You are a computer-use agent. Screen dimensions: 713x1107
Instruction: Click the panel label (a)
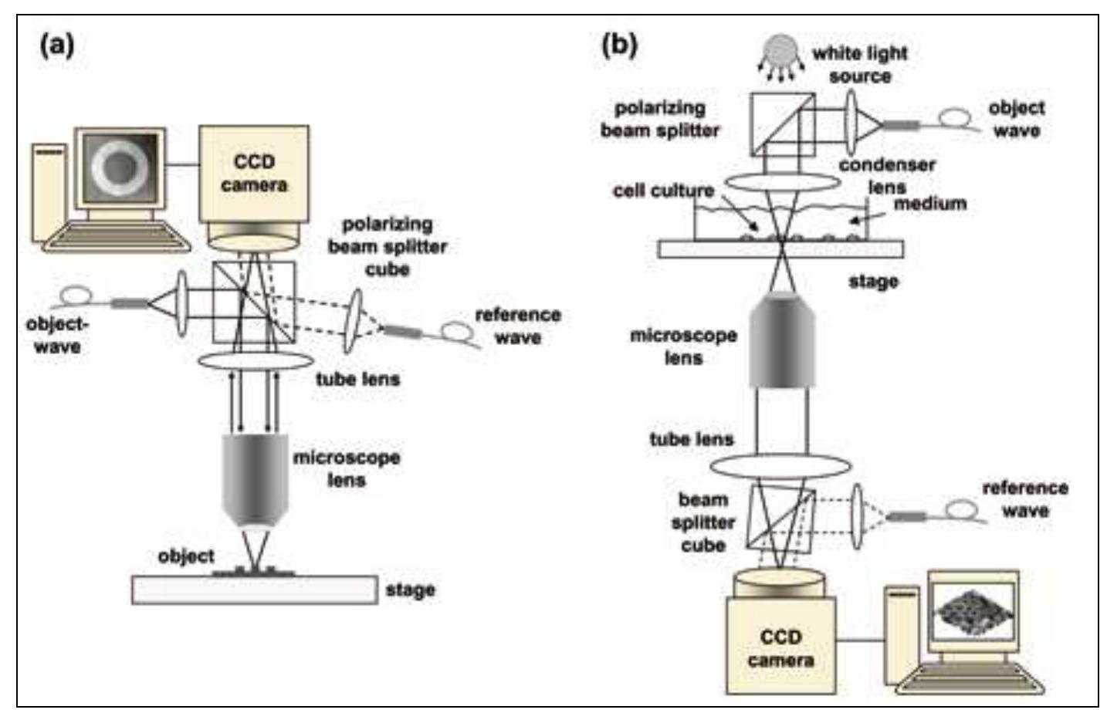(x=57, y=46)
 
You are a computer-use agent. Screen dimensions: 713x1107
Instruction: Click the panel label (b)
(x=619, y=44)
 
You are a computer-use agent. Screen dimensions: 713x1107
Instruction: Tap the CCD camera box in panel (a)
(x=254, y=174)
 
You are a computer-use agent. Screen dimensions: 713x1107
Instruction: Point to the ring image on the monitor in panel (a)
(x=120, y=165)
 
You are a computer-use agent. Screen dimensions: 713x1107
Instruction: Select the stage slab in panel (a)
(x=255, y=590)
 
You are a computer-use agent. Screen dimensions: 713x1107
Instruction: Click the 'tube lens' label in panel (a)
(x=357, y=379)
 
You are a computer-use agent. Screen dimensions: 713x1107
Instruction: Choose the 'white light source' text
(x=859, y=65)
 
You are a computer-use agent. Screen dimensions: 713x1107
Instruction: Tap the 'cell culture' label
(x=663, y=191)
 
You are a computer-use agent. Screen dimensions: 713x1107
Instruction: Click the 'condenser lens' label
(x=887, y=176)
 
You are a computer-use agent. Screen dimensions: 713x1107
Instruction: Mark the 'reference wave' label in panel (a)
(x=517, y=326)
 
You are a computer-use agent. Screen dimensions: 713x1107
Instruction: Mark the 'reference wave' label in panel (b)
(x=1025, y=499)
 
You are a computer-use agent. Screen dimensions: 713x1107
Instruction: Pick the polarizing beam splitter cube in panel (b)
(x=782, y=123)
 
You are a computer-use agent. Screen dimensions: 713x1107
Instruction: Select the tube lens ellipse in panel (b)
(x=780, y=466)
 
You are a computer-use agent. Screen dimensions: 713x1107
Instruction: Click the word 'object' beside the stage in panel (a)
(x=186, y=556)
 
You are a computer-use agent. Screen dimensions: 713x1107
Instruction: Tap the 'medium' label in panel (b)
(x=929, y=204)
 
